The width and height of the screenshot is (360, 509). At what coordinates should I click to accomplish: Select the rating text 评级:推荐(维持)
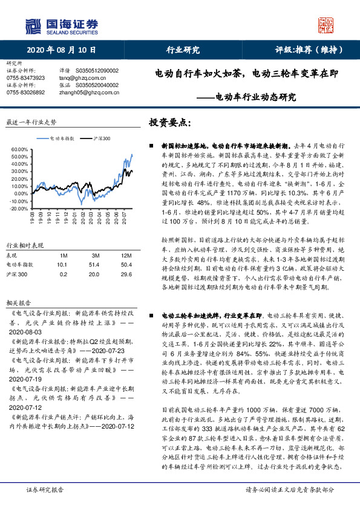(306, 51)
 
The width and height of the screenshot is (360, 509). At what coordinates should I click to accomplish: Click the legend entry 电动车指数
(62, 138)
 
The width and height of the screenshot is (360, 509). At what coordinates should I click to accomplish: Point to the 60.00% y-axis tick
(20, 148)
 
